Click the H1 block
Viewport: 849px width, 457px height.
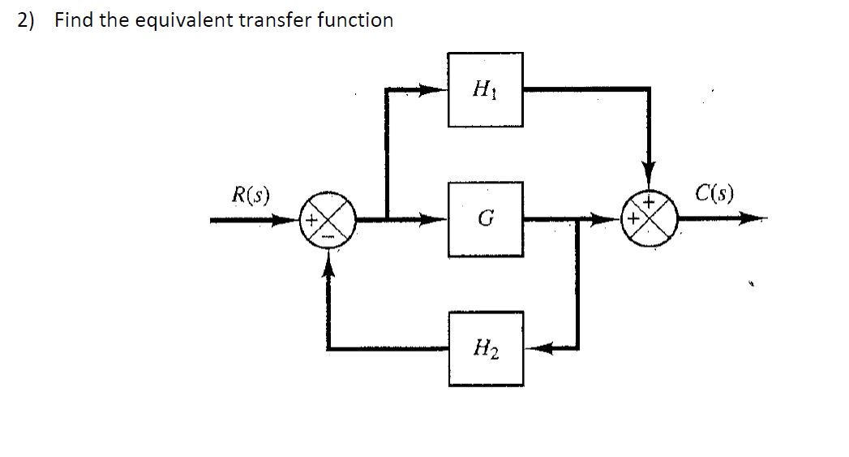pos(485,89)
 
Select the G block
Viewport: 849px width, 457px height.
pos(485,219)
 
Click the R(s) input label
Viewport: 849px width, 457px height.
pos(251,195)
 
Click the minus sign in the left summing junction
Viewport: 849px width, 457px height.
pos(328,235)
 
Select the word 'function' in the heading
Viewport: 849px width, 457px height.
pos(355,20)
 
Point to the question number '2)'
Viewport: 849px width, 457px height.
pos(27,20)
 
